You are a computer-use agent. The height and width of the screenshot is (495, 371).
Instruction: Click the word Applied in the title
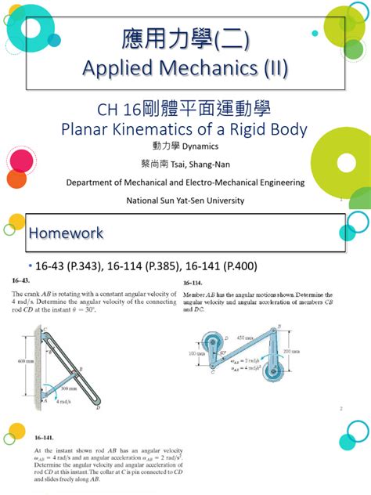click(x=117, y=70)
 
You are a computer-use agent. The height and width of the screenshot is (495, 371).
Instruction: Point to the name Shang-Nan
click(x=209, y=164)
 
